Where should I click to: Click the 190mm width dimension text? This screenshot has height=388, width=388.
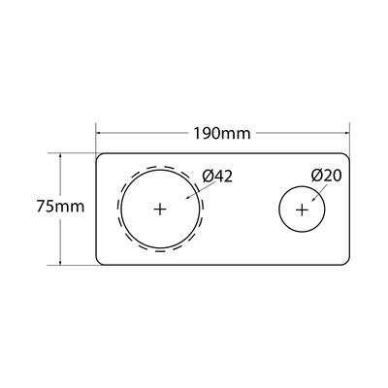tap(222, 131)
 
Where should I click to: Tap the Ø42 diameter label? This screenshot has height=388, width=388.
tap(217, 176)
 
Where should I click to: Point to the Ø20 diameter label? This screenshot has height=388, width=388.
tap(328, 176)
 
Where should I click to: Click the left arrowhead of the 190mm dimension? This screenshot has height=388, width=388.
tap(99, 131)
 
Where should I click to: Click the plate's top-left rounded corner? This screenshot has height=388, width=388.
tap(99, 155)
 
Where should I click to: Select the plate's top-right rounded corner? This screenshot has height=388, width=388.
tap(348, 155)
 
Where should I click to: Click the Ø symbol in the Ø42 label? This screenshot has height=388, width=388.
tap(207, 176)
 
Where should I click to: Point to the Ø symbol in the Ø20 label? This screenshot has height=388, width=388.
tap(317, 176)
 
